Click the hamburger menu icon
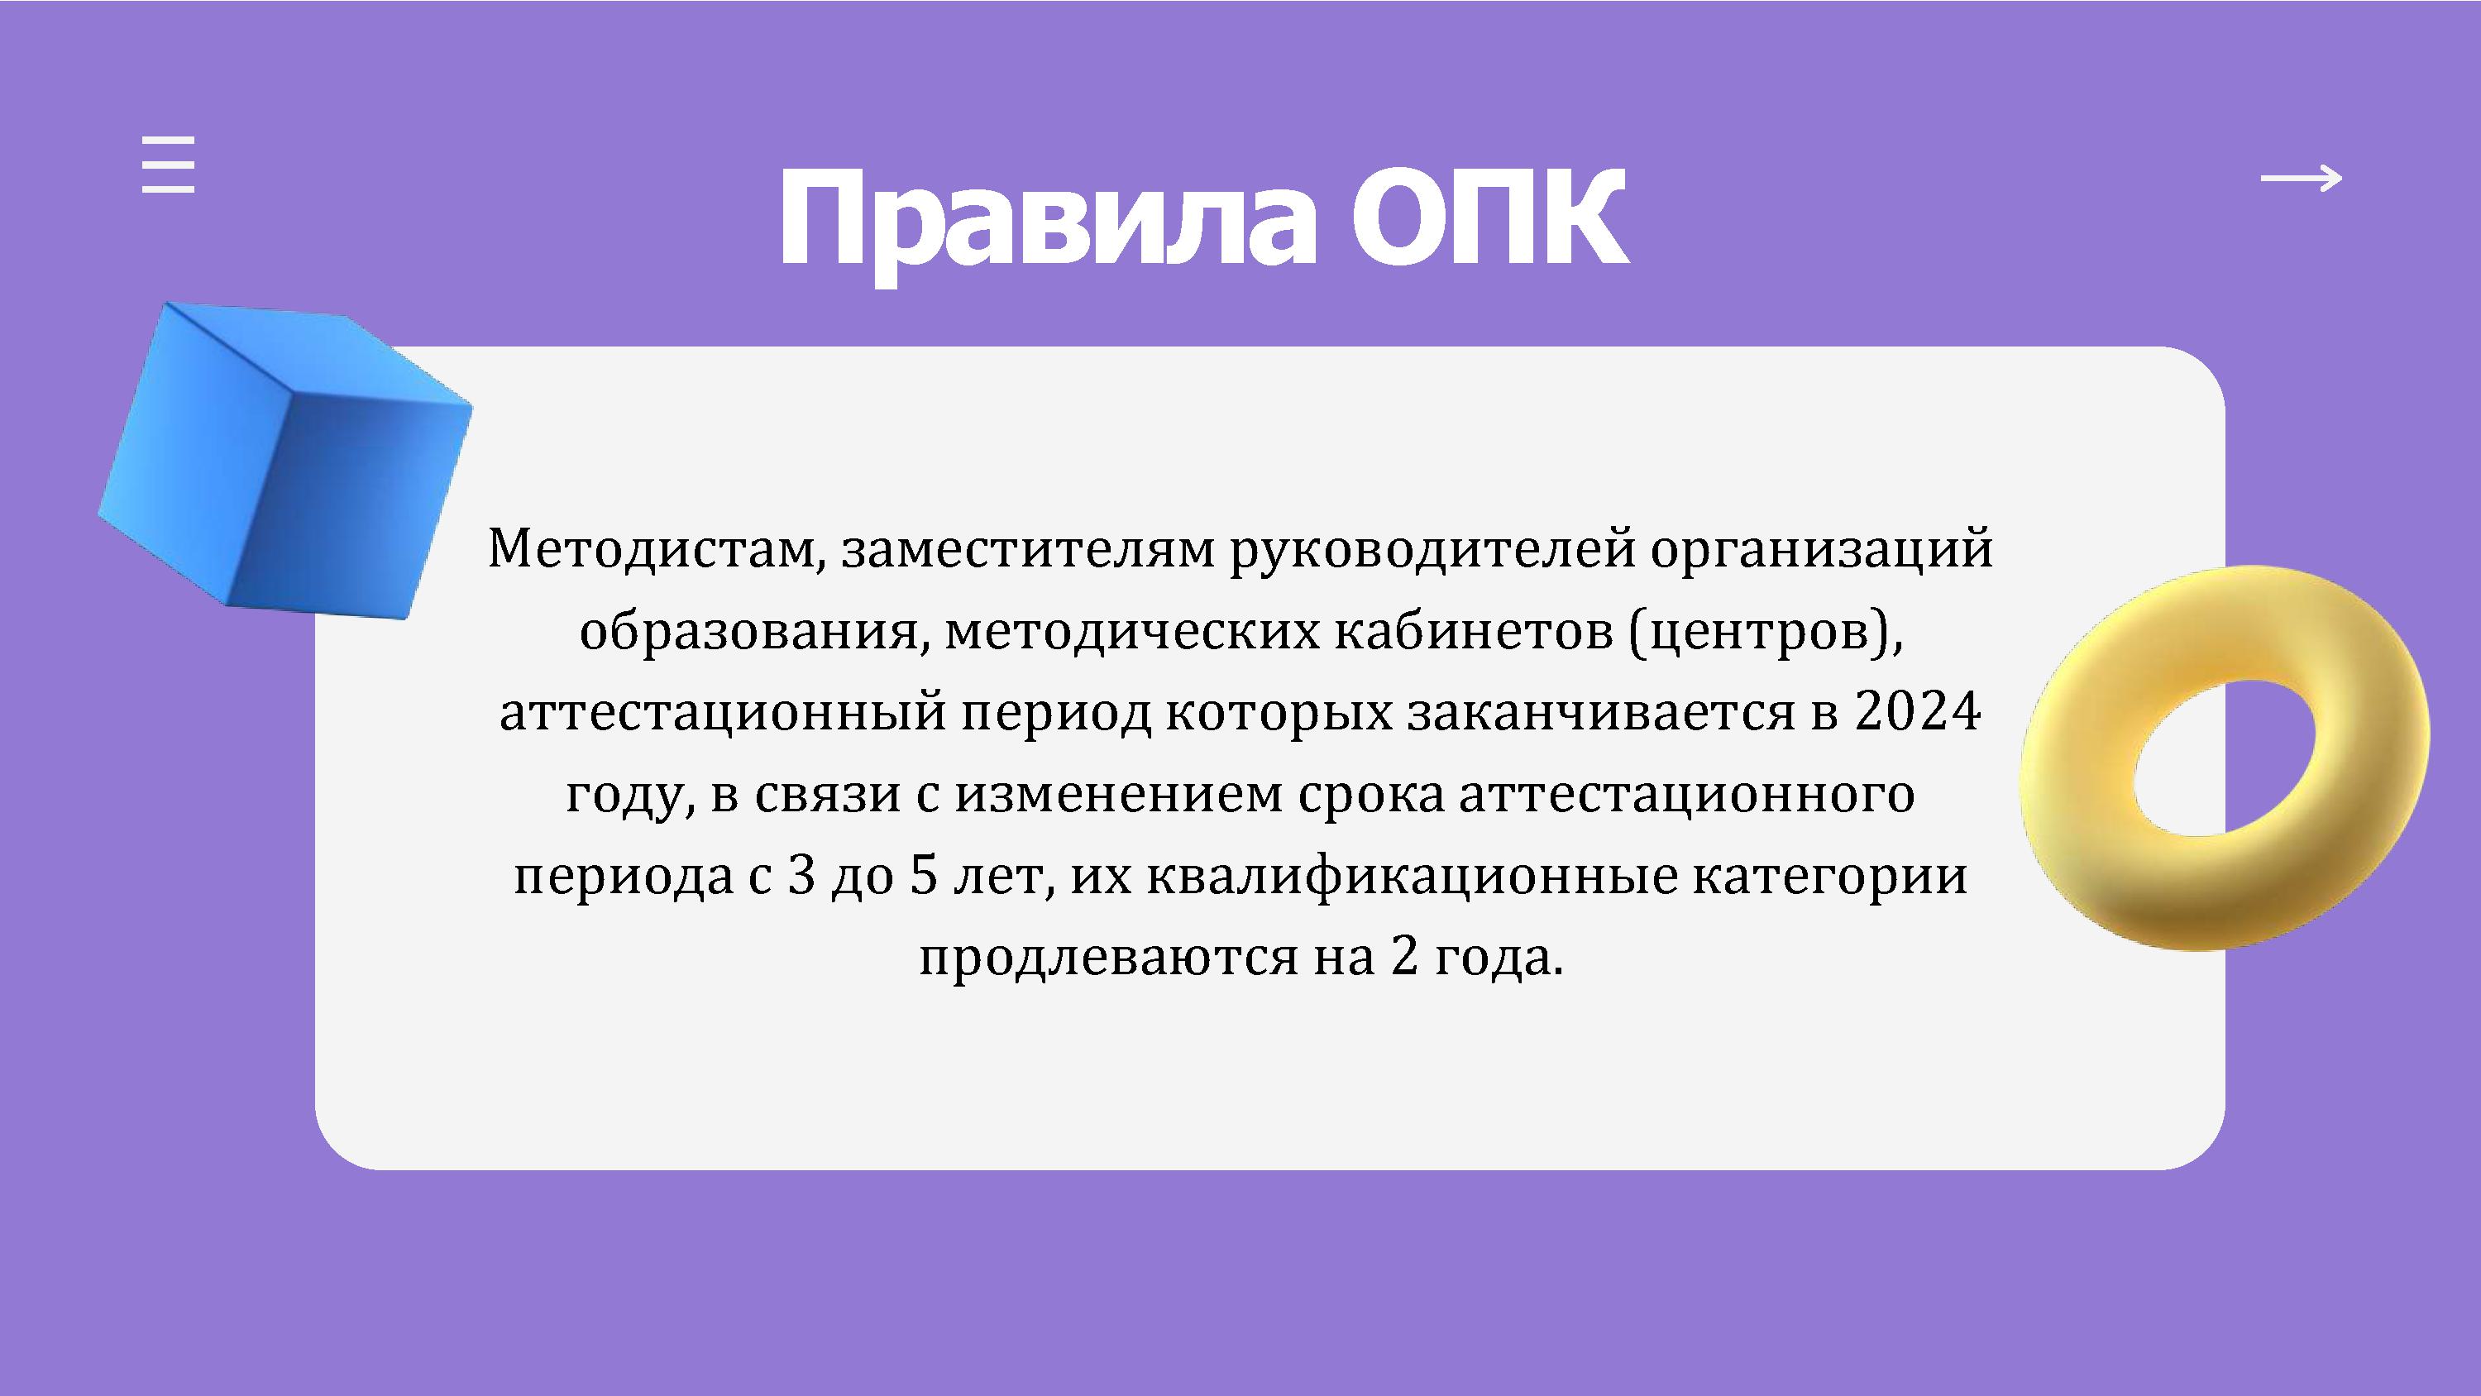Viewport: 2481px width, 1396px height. click(169, 165)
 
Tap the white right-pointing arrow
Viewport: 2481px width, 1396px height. click(2302, 179)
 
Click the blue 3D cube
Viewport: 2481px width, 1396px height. click(285, 460)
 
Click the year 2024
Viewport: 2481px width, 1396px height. click(1918, 713)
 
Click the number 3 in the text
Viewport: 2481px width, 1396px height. click(801, 877)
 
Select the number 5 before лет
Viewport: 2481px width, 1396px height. click(923, 877)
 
